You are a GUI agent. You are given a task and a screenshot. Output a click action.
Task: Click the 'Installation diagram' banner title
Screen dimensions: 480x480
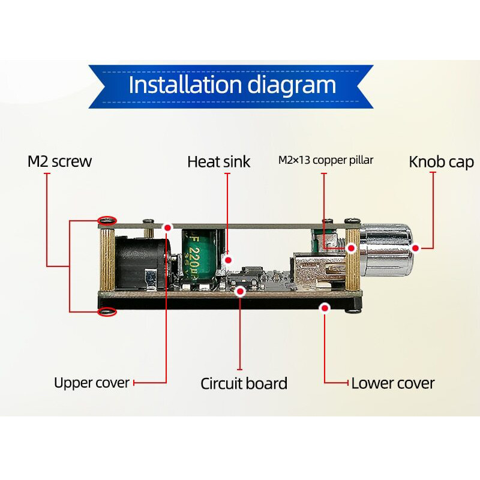tap(232, 85)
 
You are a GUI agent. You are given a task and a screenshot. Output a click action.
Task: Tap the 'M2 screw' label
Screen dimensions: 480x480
tap(59, 161)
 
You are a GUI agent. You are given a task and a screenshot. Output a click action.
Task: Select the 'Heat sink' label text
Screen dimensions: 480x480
tap(218, 161)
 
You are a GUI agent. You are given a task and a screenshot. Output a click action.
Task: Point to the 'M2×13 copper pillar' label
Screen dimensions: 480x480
tap(326, 160)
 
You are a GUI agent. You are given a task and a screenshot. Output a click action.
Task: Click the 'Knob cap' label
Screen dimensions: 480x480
tap(441, 161)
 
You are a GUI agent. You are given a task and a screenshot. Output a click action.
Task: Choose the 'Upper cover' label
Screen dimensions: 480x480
tap(91, 383)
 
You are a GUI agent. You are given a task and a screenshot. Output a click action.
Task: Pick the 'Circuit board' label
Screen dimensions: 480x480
tap(244, 383)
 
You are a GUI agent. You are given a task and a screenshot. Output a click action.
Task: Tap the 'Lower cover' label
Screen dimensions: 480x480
tap(392, 383)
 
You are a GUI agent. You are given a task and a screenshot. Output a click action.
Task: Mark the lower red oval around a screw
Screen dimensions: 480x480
tap(107, 311)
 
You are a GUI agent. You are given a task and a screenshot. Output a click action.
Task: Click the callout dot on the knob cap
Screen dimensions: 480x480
tap(415, 247)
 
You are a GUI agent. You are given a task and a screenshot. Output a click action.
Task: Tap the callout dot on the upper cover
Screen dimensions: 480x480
tap(167, 228)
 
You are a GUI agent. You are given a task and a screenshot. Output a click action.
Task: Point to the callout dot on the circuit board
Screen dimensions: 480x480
tap(240, 292)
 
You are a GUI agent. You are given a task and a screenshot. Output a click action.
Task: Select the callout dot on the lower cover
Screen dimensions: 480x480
tap(325, 308)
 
